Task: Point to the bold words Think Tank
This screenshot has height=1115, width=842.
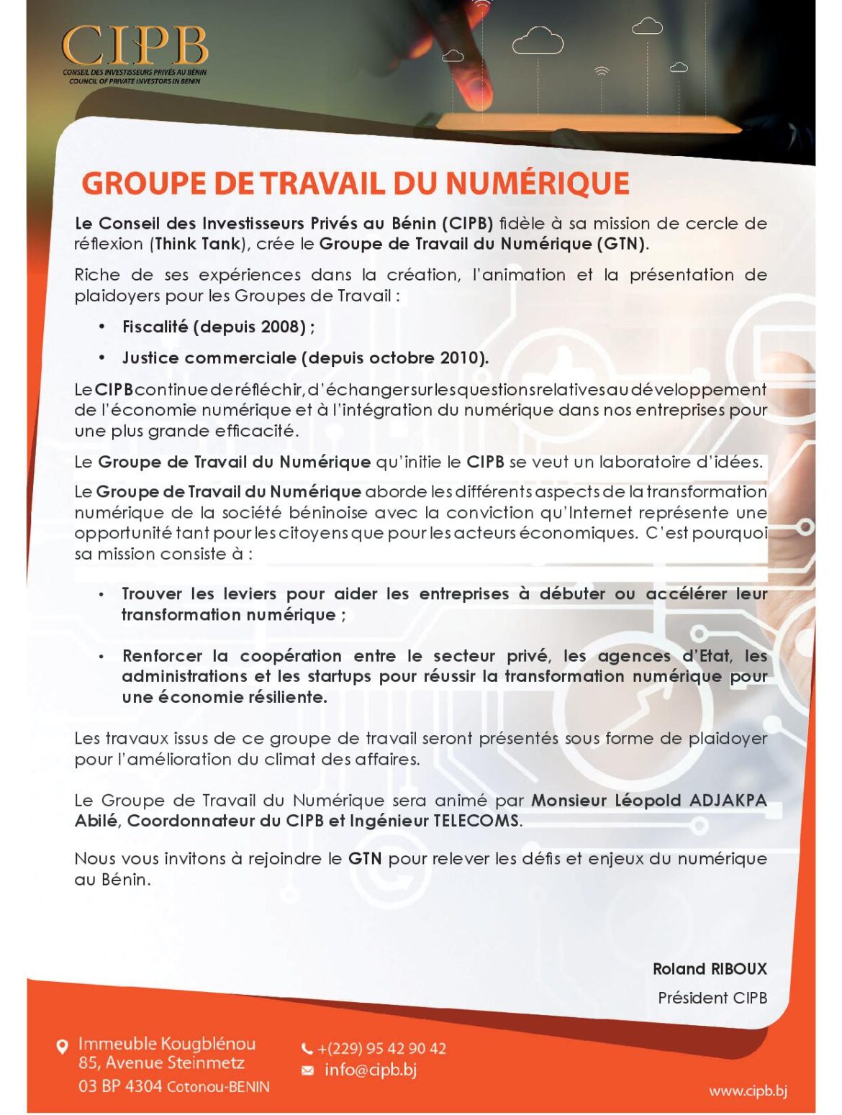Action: pos(197,244)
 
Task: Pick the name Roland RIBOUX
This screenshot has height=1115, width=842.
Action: pos(709,969)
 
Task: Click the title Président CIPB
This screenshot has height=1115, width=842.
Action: pos(712,998)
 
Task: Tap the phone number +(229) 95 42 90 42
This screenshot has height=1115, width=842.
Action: pos(381,1048)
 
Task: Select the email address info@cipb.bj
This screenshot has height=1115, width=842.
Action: pos(370,1070)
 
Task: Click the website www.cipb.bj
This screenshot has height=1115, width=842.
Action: pos(748,1091)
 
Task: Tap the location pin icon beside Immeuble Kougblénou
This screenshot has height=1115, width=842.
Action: pos(63,1046)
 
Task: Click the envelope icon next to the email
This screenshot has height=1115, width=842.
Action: pos(307,1070)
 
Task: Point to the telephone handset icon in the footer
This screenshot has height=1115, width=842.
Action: pos(307,1049)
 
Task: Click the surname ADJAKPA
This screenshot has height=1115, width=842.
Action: pos(728,801)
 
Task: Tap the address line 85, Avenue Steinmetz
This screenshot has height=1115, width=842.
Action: pos(161,1063)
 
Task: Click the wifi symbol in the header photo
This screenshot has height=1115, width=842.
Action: pos(602,70)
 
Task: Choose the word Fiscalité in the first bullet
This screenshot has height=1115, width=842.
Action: pos(155,327)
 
